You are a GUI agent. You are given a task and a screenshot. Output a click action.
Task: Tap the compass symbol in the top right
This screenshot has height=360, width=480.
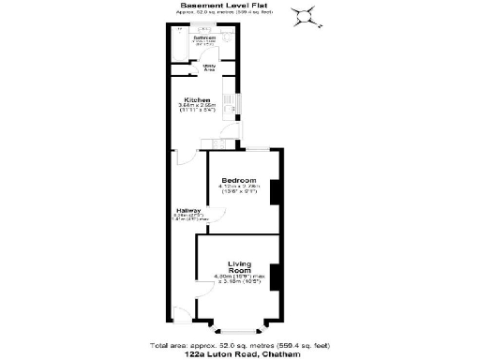(305, 14)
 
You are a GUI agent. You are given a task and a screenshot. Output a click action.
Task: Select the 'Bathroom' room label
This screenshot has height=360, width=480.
(205, 37)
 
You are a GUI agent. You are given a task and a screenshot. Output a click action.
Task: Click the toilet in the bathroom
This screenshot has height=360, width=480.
(228, 42)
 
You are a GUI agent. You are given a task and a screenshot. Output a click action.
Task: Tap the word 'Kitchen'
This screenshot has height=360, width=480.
(197, 99)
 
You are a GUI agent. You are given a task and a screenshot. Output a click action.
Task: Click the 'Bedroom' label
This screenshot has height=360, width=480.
(238, 180)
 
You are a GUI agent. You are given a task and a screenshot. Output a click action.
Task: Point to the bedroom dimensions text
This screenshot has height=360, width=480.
(238, 187)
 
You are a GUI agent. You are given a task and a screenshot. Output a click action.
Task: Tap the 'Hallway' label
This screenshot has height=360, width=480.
(188, 211)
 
